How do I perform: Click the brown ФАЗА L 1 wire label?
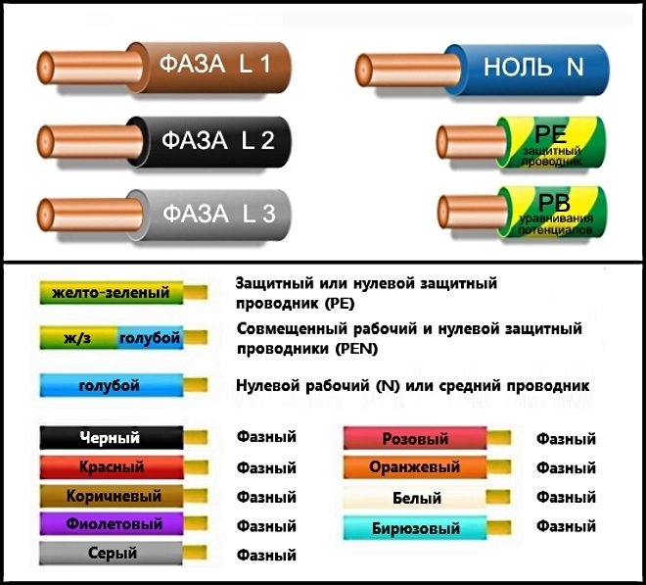(214, 65)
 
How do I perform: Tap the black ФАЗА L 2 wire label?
(218, 140)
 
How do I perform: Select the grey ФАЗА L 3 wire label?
(219, 214)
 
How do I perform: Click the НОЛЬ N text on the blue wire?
(533, 67)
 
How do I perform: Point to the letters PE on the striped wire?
(550, 134)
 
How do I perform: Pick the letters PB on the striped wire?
(554, 203)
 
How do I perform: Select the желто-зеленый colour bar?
(112, 292)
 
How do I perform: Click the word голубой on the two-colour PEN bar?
(150, 338)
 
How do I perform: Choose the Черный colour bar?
(112, 438)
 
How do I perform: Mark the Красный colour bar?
(112, 467)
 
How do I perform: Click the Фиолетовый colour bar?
(112, 524)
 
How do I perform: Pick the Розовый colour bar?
(415, 438)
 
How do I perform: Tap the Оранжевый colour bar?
(415, 467)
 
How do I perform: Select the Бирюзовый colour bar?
(415, 528)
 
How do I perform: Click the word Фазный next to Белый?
(566, 497)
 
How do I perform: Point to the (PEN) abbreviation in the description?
(357, 349)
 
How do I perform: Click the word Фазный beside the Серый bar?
(266, 555)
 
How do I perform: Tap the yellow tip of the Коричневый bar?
(196, 496)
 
